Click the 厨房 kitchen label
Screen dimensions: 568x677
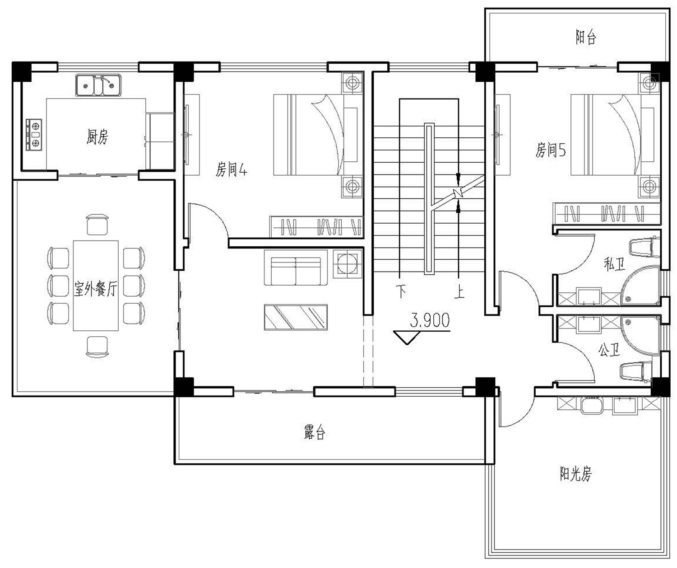97,136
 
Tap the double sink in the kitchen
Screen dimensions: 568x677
98,85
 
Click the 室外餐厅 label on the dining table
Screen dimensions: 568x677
96,288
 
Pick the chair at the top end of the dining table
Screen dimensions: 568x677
97,225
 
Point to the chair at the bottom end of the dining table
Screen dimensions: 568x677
97,346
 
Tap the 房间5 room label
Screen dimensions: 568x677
550,150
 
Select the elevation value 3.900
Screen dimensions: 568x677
430,320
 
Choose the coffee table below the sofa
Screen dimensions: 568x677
296,318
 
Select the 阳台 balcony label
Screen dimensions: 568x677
585,37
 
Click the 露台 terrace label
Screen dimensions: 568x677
314,433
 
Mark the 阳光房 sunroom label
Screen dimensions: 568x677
575,474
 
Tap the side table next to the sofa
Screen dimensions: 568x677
348,263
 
